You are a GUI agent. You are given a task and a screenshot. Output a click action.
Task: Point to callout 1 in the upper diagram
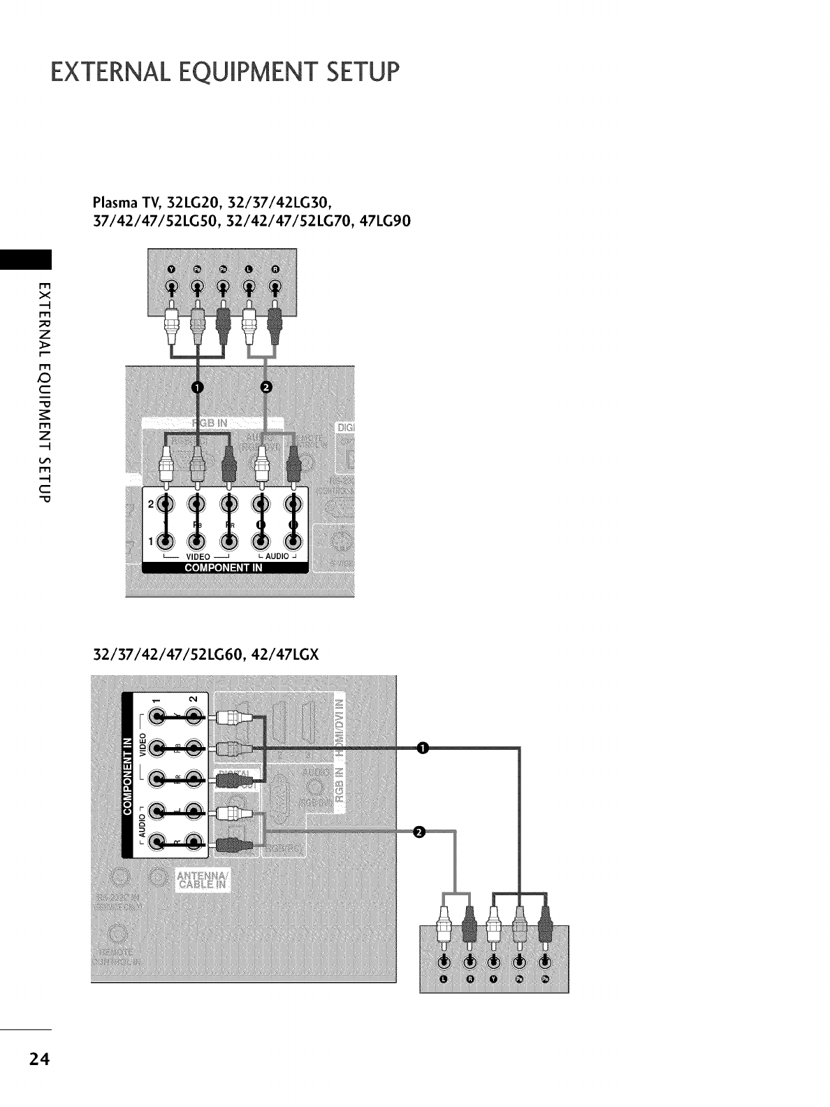point(200,389)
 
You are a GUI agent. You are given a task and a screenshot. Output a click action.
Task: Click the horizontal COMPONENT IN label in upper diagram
point(224,567)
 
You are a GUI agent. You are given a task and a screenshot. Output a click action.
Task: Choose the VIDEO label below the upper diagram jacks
point(198,556)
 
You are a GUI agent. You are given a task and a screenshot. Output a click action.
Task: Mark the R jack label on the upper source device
point(275,270)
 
